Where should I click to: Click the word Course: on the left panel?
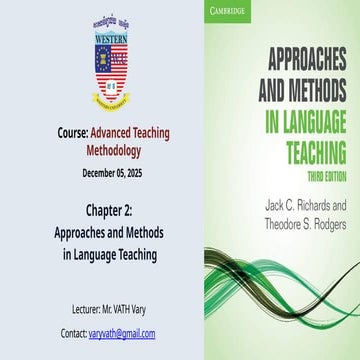click(x=73, y=131)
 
